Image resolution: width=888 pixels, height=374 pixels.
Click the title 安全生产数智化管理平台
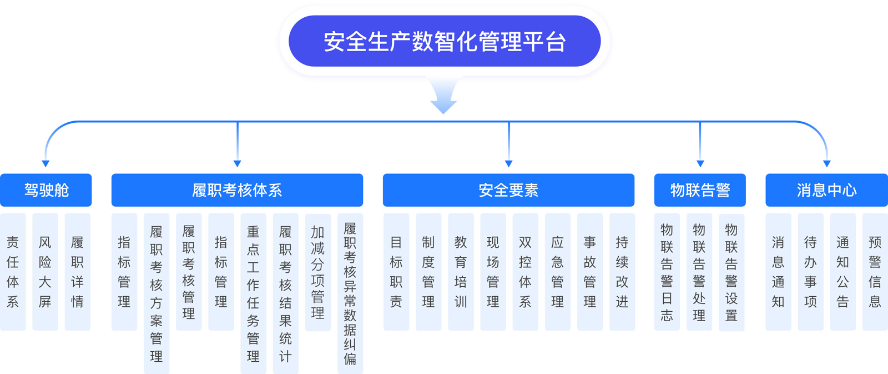click(x=445, y=41)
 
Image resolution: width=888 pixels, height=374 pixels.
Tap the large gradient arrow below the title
click(x=443, y=95)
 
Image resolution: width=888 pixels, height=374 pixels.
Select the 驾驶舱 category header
click(x=46, y=190)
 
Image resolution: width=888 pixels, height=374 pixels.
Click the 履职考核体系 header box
click(x=237, y=190)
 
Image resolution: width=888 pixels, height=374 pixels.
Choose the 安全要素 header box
click(x=508, y=190)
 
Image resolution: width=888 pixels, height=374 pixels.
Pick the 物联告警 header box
click(x=700, y=190)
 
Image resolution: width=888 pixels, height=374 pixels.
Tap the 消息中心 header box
click(x=826, y=190)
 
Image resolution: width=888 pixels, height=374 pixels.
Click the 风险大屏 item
click(x=45, y=272)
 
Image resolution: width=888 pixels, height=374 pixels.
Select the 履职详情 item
click(x=77, y=272)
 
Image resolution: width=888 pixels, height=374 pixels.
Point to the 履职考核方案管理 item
click(x=157, y=293)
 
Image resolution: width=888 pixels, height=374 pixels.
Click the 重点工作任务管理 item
click(x=253, y=293)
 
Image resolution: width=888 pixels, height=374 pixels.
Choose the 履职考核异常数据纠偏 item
click(x=350, y=293)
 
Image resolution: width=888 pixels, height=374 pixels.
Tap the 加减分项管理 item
click(x=318, y=272)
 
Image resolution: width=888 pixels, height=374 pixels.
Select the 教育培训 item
click(x=461, y=272)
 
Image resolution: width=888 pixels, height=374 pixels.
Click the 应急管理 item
click(x=558, y=272)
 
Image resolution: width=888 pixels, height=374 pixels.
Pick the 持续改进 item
click(x=622, y=272)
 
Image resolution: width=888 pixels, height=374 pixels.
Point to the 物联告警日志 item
click(x=667, y=272)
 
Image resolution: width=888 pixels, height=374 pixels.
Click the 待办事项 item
click(x=811, y=272)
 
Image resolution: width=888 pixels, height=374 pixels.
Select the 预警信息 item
click(x=875, y=272)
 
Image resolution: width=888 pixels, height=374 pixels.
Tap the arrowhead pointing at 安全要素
click(x=508, y=163)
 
